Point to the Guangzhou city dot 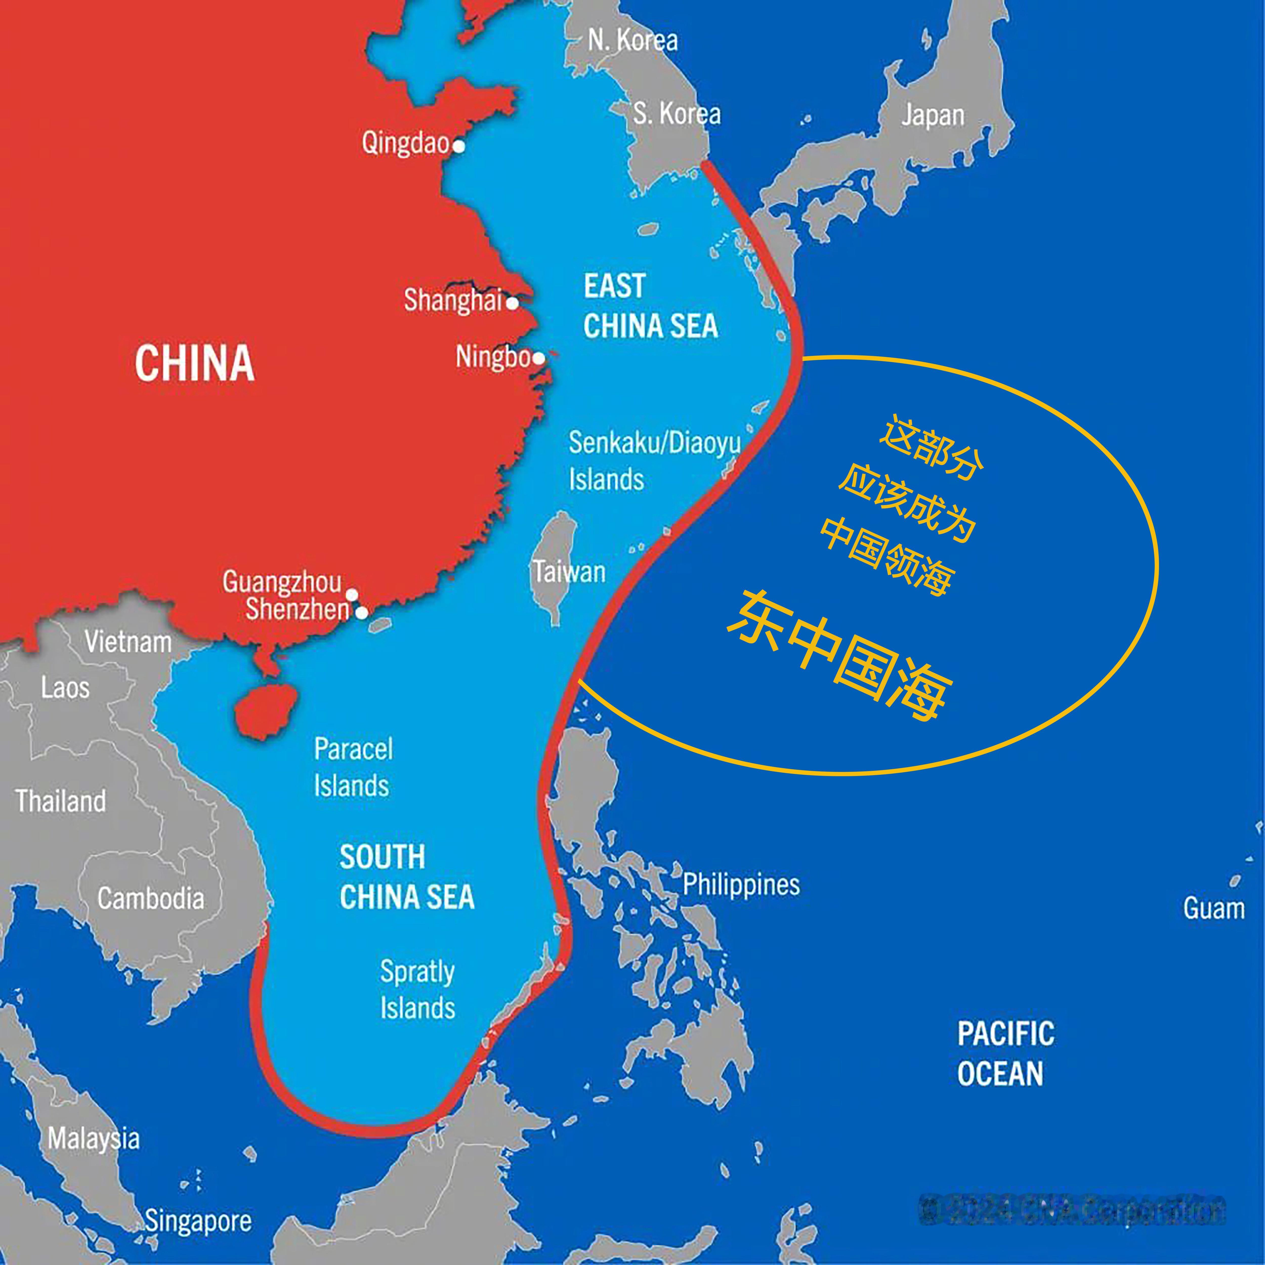[x=352, y=595]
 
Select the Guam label [x=1213, y=909]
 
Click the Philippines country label [x=741, y=884]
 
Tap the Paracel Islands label [x=353, y=767]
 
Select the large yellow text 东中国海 [x=840, y=656]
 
